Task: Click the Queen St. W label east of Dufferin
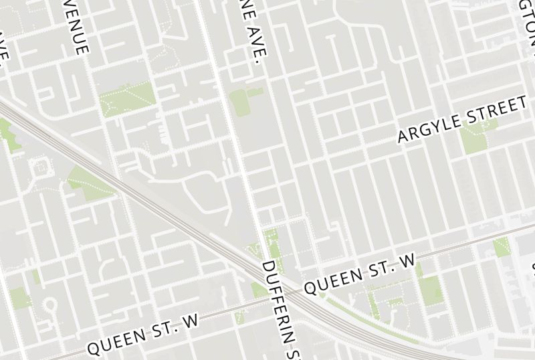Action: tap(360, 274)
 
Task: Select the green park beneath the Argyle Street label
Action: tap(474, 139)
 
